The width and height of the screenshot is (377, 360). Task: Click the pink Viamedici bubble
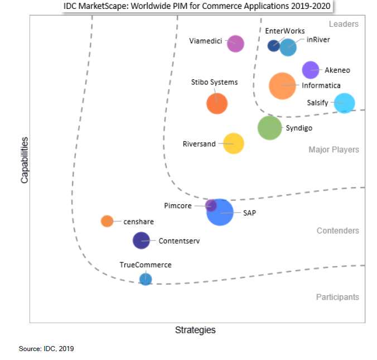(x=236, y=44)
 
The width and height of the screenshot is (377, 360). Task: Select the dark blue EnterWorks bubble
(x=273, y=46)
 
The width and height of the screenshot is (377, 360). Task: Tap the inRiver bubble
(x=288, y=47)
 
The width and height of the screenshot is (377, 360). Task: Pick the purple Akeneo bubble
(x=310, y=70)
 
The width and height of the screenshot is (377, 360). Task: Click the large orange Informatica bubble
(x=282, y=86)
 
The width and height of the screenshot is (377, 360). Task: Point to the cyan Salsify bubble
(x=344, y=103)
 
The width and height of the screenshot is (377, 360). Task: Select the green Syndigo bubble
(x=270, y=128)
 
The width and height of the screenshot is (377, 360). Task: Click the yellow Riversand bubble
(x=234, y=143)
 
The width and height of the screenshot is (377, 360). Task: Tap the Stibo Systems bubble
(x=217, y=103)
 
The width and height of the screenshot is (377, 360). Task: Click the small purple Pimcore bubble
(x=211, y=205)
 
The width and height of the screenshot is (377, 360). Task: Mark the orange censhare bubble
(x=107, y=221)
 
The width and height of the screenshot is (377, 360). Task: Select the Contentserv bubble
(x=141, y=241)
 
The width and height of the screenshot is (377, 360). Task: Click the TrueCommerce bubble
(x=146, y=279)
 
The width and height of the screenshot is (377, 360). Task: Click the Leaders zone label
(x=344, y=24)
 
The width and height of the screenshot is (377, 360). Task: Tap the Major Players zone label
(x=333, y=150)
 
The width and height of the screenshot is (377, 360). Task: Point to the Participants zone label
(x=337, y=297)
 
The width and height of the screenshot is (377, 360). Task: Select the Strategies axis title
(x=195, y=330)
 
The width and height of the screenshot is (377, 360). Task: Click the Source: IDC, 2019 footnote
(x=46, y=349)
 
